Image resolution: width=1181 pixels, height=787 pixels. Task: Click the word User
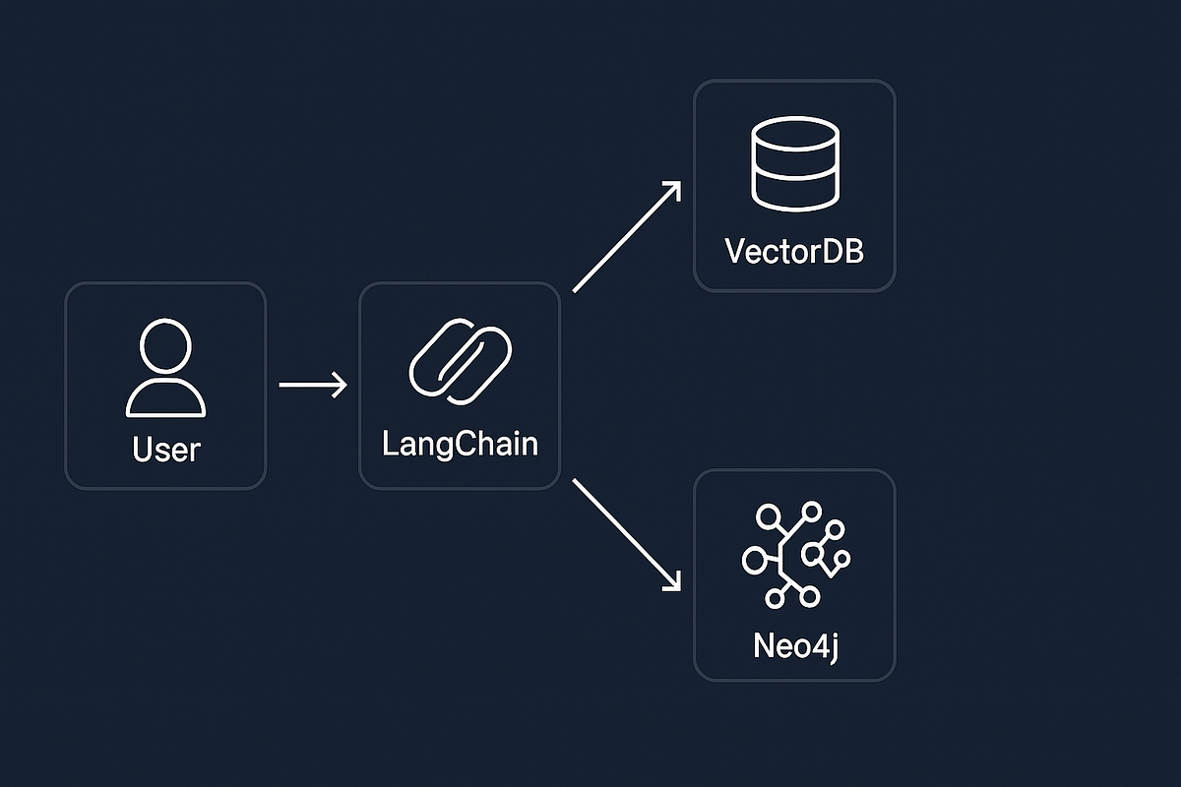pyautogui.click(x=165, y=451)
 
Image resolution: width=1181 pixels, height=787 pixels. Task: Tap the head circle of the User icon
pyautogui.click(x=165, y=345)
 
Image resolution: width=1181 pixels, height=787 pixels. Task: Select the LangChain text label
pyautogui.click(x=460, y=444)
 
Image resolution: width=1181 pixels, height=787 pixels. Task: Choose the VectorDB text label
pyautogui.click(x=794, y=251)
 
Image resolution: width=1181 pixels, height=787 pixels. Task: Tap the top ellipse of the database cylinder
pyautogui.click(x=794, y=135)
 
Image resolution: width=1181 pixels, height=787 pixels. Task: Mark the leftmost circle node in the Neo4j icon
pyautogui.click(x=754, y=561)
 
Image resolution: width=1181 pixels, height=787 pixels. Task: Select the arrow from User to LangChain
pyautogui.click(x=313, y=385)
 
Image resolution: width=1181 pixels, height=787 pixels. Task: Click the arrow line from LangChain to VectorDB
pyautogui.click(x=626, y=237)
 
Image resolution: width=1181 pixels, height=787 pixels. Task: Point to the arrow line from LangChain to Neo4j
pyautogui.click(x=626, y=535)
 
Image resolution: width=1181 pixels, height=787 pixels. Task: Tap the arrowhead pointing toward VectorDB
pyautogui.click(x=674, y=189)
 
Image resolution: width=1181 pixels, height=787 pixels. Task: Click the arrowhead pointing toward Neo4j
pyautogui.click(x=674, y=583)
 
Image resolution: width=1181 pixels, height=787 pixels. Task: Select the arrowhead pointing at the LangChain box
pyautogui.click(x=341, y=385)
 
